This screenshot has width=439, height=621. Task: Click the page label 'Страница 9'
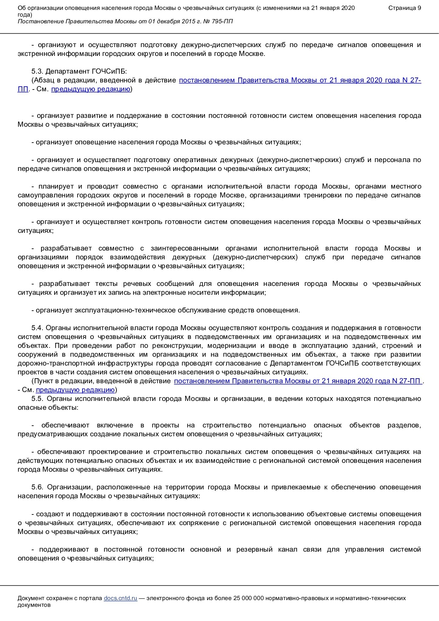(405, 8)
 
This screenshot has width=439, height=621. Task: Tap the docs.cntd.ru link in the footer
(120, 598)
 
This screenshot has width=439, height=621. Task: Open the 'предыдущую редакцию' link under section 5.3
(90, 89)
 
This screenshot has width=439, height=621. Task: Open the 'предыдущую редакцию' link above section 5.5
(75, 390)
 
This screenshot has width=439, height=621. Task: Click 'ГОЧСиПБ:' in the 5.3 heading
(114, 71)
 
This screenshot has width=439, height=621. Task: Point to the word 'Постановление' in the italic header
(40, 21)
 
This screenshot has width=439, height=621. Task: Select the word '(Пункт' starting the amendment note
(41, 381)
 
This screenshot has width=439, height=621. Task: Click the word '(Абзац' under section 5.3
(42, 80)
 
